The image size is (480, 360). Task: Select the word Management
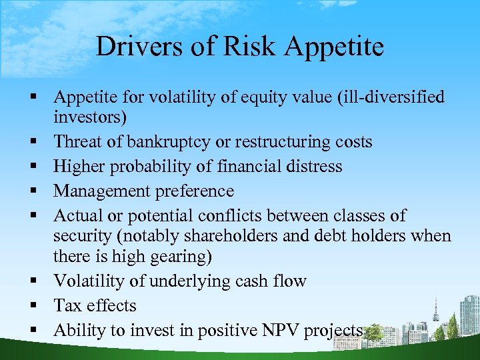pyautogui.click(x=102, y=191)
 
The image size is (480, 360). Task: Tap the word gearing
pyautogui.click(x=181, y=257)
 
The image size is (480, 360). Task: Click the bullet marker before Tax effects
pyautogui.click(x=31, y=306)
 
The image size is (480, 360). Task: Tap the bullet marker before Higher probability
pyautogui.click(x=31, y=167)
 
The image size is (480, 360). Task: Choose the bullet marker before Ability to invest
pyautogui.click(x=31, y=330)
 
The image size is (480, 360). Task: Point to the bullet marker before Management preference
pyautogui.click(x=31, y=191)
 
